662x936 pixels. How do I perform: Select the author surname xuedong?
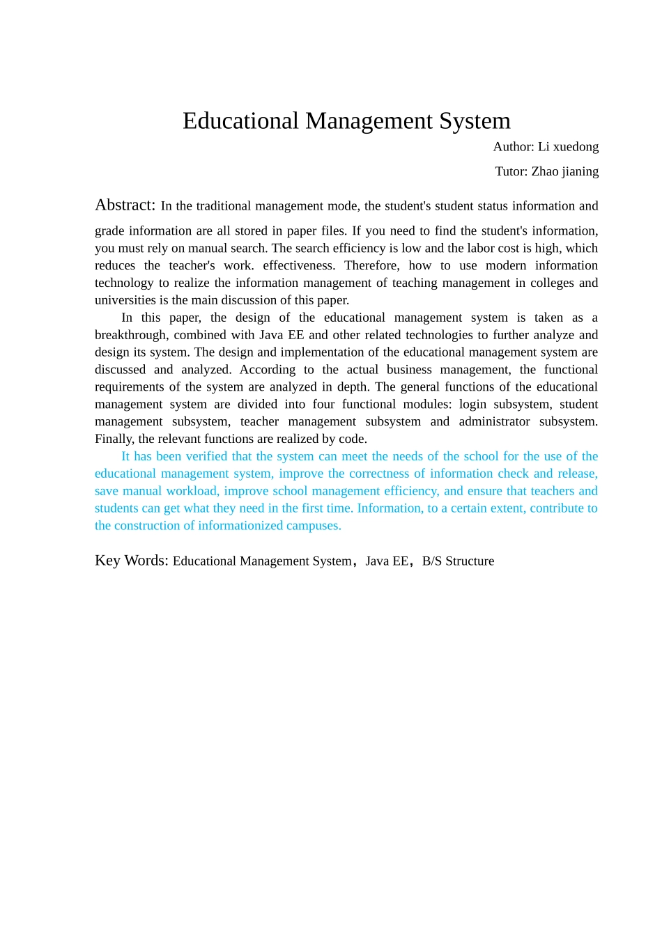pyautogui.click(x=576, y=147)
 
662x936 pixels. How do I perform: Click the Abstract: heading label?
pyautogui.click(x=125, y=205)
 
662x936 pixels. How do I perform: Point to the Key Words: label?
pyautogui.click(x=132, y=561)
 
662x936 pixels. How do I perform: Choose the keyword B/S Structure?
pyautogui.click(x=458, y=561)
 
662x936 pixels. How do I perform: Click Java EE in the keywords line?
pyautogui.click(x=387, y=561)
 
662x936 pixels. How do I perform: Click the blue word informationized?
pyautogui.click(x=238, y=526)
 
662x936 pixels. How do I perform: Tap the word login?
pyautogui.click(x=472, y=405)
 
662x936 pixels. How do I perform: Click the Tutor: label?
pyautogui.click(x=511, y=171)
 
